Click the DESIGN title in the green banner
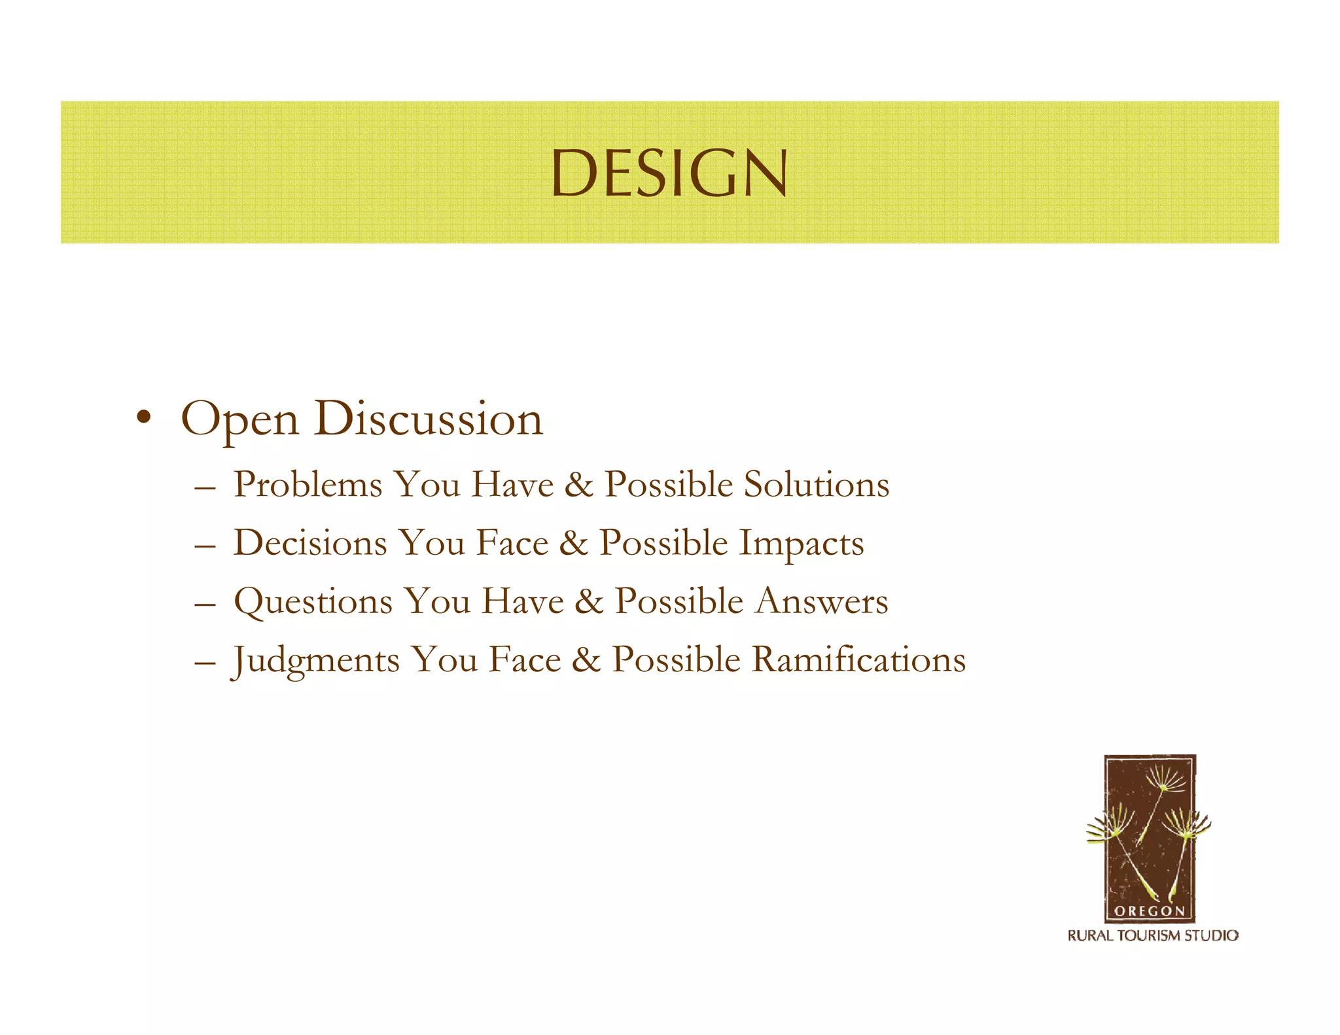click(669, 173)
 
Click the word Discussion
click(428, 419)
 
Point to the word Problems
click(308, 485)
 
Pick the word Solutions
click(817, 485)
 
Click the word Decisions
click(311, 543)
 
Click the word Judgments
click(315, 660)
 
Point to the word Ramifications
click(858, 659)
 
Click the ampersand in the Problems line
click(578, 485)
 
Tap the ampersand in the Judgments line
click(586, 660)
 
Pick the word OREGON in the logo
click(1149, 911)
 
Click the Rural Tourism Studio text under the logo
click(1153, 936)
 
